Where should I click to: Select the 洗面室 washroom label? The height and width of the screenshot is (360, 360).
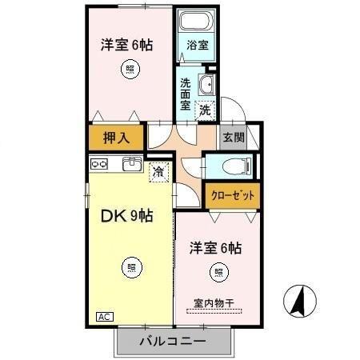[186, 92]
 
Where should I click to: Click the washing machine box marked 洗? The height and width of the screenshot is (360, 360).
[206, 110]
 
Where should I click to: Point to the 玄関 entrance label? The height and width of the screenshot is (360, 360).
[233, 137]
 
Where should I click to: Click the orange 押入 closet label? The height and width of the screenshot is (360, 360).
[116, 138]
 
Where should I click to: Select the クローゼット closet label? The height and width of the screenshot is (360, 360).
[233, 194]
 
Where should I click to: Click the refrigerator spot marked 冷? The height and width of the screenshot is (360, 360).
[158, 170]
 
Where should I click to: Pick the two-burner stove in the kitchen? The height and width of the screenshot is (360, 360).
[100, 165]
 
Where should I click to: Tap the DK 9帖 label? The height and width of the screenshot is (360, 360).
[126, 215]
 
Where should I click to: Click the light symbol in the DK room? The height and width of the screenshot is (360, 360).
[128, 266]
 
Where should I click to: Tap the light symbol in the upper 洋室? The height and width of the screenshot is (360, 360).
[130, 70]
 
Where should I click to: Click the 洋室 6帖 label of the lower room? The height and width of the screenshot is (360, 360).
[215, 249]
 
